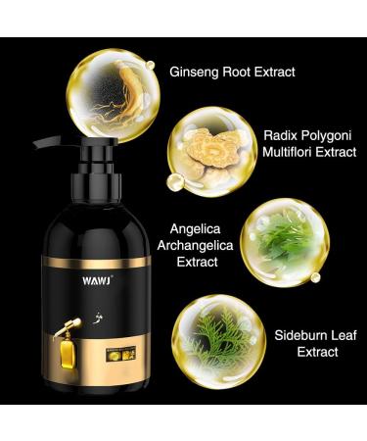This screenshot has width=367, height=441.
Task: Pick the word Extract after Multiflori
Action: (x=342, y=155)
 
